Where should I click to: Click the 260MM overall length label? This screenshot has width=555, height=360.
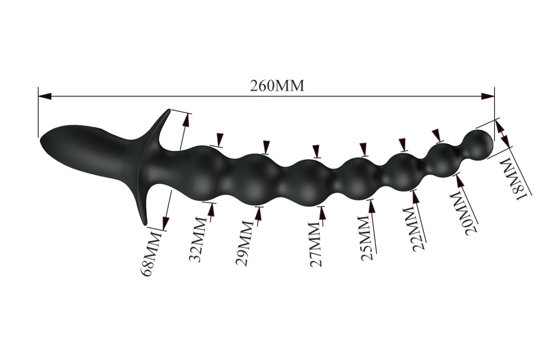point(277,86)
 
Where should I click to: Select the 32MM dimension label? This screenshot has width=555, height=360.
point(198,239)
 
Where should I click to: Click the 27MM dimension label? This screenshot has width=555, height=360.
point(315,244)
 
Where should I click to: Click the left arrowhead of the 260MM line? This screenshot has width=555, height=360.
point(45,96)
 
